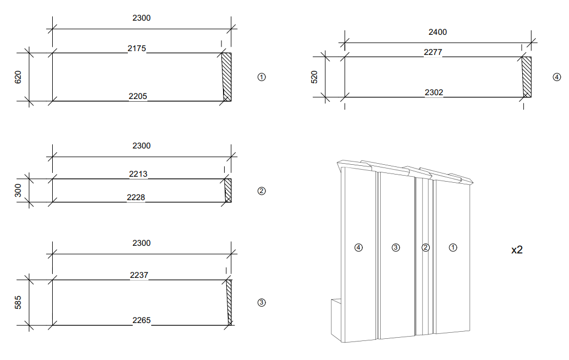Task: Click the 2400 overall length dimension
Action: (437, 32)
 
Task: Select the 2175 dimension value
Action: (137, 49)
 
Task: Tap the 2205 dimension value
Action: (138, 97)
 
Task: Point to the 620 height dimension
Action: (18, 77)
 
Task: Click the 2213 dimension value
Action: (138, 175)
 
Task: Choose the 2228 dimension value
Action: (136, 198)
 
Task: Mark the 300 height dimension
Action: (18, 190)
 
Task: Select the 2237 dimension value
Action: (139, 276)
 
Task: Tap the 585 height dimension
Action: (18, 303)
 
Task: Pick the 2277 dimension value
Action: (432, 52)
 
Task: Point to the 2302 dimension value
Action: (434, 93)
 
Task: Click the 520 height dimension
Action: (314, 77)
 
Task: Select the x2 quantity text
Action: (517, 250)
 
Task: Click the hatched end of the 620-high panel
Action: (227, 76)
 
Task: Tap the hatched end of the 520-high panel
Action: (527, 77)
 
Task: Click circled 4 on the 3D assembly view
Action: (358, 247)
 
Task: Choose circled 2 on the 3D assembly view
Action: (426, 247)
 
